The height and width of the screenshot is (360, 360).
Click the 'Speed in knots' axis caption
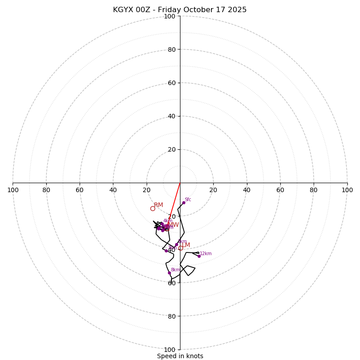click(x=180, y=356)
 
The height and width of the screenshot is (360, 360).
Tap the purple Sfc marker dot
click(x=184, y=202)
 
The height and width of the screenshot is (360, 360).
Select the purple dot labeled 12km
click(x=199, y=256)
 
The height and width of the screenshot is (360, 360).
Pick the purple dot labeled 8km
click(x=169, y=273)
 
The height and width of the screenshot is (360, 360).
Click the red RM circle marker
click(x=153, y=208)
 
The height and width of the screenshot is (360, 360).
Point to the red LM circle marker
click(x=180, y=248)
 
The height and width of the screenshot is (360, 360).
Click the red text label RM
click(x=158, y=205)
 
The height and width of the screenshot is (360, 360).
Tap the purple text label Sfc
click(x=188, y=200)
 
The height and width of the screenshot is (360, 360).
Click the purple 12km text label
click(x=206, y=254)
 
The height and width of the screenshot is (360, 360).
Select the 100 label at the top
click(x=170, y=16)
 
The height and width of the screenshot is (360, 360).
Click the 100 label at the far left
click(x=13, y=190)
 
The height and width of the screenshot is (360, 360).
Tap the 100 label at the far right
click(x=347, y=190)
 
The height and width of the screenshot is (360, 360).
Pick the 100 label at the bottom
click(x=170, y=350)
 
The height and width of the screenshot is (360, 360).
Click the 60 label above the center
click(x=171, y=83)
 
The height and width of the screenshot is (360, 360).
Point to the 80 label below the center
click(x=171, y=316)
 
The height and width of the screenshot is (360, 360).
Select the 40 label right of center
click(x=247, y=190)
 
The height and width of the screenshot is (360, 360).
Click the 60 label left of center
click(x=80, y=190)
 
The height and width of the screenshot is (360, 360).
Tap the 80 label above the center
click(x=171, y=49)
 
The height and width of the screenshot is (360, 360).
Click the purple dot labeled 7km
click(x=166, y=251)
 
